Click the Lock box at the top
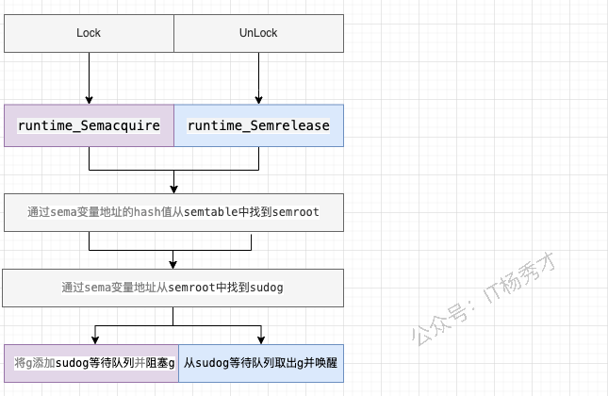tap(89, 33)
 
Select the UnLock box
tap(258, 33)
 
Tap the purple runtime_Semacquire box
tap(89, 125)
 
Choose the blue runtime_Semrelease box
tap(259, 125)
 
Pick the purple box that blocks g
tap(90, 362)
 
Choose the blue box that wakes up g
tap(261, 362)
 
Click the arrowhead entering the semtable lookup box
tap(174, 188)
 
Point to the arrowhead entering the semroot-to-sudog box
tap(173, 264)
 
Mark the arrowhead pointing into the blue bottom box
tap(261, 338)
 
